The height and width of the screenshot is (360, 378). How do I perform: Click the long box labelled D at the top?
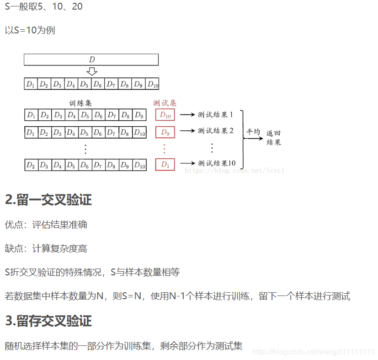(x=91, y=59)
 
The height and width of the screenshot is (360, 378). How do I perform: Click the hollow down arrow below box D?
(x=92, y=71)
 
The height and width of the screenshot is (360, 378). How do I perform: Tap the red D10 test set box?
(x=165, y=115)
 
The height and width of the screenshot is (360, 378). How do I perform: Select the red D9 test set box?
(x=165, y=133)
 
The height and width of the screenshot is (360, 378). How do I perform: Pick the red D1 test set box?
(x=165, y=165)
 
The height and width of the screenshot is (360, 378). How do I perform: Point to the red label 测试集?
(x=165, y=103)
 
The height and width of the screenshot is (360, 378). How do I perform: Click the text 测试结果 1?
(x=215, y=115)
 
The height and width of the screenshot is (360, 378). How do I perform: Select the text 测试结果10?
(x=217, y=163)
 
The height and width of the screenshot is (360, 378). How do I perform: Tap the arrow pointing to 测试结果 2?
(x=187, y=131)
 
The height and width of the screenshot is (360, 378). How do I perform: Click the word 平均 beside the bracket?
(x=253, y=132)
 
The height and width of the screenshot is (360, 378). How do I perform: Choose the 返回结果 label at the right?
(x=274, y=138)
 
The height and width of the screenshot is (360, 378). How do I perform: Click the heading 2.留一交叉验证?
(x=48, y=200)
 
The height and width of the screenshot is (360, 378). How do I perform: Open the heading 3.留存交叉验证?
(x=48, y=321)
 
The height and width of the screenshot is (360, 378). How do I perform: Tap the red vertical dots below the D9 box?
(x=165, y=149)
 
